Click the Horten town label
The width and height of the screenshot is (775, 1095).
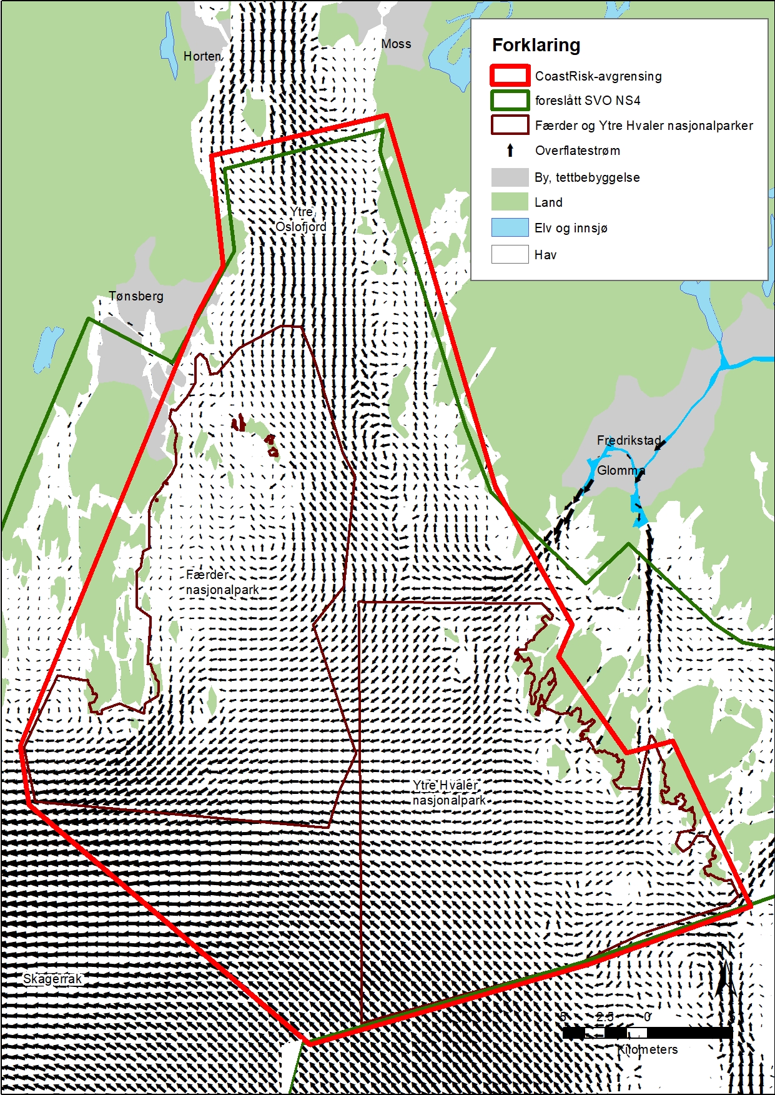[202, 56]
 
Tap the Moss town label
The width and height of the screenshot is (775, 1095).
[396, 44]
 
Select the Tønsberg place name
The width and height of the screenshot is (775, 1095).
[136, 296]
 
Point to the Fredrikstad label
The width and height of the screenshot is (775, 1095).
[628, 440]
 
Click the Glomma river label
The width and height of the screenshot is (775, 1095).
[621, 470]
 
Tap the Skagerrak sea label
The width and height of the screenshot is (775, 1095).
[52, 979]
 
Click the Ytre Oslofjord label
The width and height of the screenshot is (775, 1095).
[302, 219]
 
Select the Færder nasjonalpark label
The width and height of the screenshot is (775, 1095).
[222, 582]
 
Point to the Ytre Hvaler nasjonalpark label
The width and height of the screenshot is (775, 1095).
[448, 793]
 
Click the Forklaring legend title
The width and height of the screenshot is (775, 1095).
[536, 45]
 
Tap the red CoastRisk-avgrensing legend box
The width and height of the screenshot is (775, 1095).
[510, 76]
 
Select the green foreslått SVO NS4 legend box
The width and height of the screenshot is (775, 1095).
[510, 101]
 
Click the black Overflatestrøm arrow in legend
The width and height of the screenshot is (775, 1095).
[510, 151]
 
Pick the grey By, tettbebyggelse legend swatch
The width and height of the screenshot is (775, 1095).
[510, 177]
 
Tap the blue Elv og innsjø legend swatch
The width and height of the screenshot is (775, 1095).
[510, 227]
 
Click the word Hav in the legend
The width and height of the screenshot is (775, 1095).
[545, 255]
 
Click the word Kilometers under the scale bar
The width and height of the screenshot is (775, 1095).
[648, 1049]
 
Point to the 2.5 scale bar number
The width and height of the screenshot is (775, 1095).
[604, 1017]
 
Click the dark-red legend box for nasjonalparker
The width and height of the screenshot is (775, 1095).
[510, 126]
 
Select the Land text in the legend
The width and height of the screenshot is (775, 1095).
[548, 202]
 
